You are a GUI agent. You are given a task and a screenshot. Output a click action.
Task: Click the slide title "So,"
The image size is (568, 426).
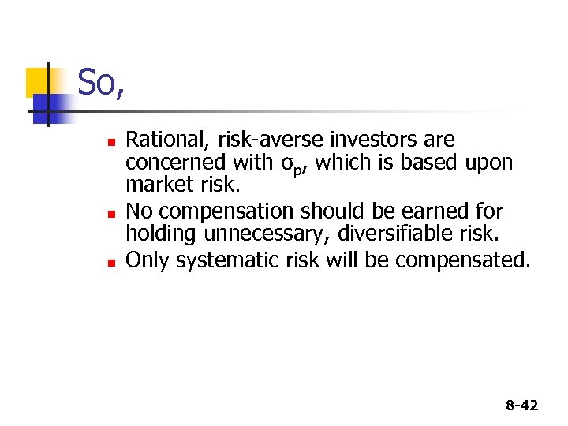click(x=101, y=83)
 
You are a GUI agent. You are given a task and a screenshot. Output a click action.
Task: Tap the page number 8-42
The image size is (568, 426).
click(x=521, y=405)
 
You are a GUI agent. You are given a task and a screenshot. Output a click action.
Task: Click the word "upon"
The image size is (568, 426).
click(x=489, y=163)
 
